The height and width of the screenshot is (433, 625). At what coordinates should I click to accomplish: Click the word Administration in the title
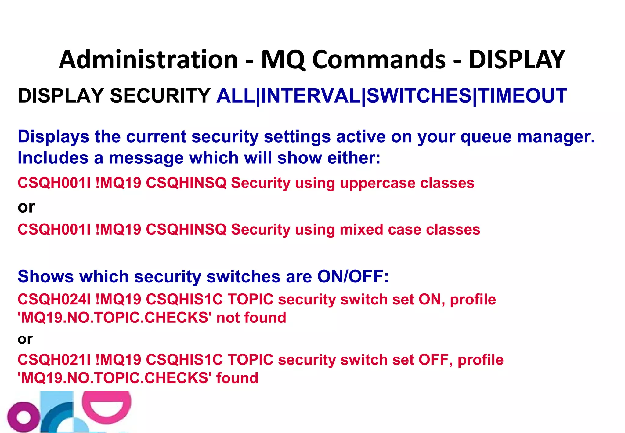(148, 60)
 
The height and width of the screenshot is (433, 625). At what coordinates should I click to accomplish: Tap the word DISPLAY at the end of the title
(516, 60)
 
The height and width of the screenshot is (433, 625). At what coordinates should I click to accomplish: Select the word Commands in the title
(379, 60)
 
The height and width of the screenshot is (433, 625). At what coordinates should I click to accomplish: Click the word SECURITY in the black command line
(160, 96)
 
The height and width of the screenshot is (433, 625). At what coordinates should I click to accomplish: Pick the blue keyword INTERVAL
(311, 96)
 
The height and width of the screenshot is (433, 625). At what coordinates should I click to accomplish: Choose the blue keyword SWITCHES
(419, 96)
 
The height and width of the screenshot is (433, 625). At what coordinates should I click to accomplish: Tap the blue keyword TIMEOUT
(522, 96)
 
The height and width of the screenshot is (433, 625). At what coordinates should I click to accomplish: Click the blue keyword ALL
(236, 96)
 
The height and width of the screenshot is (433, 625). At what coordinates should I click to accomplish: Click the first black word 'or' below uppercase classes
(26, 207)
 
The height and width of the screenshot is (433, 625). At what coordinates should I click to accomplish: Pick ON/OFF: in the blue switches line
(353, 277)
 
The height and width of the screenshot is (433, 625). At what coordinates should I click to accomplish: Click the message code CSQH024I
(54, 300)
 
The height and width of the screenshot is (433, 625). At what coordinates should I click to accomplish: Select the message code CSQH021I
(54, 360)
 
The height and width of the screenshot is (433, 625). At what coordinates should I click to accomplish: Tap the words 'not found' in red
(251, 318)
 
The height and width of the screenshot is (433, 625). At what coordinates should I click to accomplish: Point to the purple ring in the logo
(23, 417)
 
